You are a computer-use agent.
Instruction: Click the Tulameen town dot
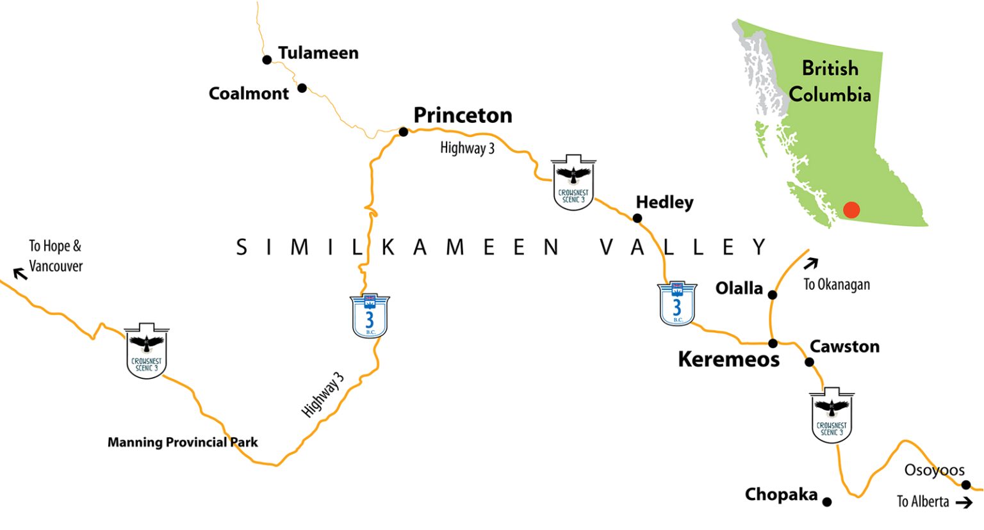[x=267, y=60]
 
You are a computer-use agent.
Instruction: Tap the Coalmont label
[x=249, y=93]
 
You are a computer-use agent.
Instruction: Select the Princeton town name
[x=463, y=115]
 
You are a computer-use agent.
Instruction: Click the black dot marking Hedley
[x=637, y=218]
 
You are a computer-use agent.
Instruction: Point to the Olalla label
[x=739, y=288]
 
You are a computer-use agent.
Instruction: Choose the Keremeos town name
[x=728, y=359]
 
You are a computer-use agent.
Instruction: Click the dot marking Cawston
[x=809, y=362]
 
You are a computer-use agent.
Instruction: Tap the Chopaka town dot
[x=827, y=502]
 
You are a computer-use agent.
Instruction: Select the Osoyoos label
[x=934, y=470]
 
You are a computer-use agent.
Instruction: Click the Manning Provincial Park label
[x=183, y=442]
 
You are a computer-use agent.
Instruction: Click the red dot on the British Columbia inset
[x=851, y=210]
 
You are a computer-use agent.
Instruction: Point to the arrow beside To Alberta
[x=963, y=503]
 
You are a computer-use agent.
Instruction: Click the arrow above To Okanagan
[x=811, y=263]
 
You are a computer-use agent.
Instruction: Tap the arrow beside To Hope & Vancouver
[x=20, y=274]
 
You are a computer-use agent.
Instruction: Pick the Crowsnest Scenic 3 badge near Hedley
[x=573, y=182]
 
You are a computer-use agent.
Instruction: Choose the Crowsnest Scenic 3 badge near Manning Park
[x=147, y=351]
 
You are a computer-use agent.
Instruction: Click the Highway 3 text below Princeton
[x=467, y=149]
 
